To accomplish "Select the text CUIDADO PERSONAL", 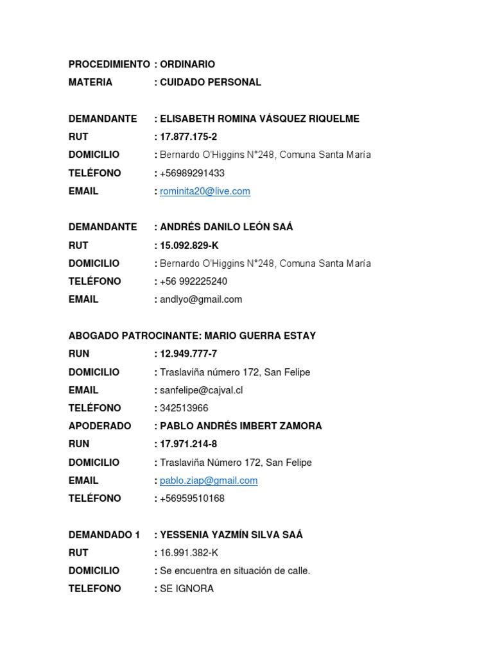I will coord(211,82).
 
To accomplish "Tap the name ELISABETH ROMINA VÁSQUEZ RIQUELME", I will coord(259,119).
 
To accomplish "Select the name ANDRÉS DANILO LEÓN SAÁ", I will coord(226,227).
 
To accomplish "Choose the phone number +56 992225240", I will coord(194,281).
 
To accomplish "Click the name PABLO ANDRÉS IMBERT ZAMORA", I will coord(241,426).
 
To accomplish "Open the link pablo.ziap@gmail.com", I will coord(209,481).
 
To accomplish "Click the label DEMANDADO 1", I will coord(104,534).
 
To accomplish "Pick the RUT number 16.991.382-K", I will coord(189,552).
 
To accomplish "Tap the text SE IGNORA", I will coord(187,588).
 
